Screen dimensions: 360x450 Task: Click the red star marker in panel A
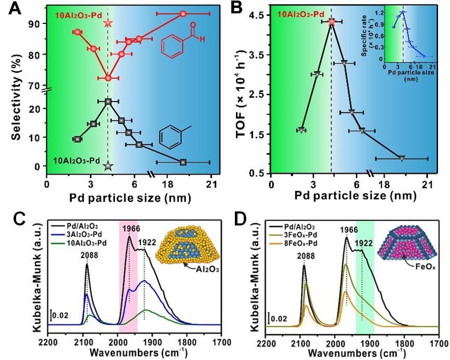[x=108, y=23]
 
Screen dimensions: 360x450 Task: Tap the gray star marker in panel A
[x=108, y=166]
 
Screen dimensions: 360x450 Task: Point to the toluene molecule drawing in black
[x=171, y=137]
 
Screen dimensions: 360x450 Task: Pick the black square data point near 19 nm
[x=183, y=162]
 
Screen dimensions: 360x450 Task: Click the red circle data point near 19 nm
[x=183, y=14]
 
